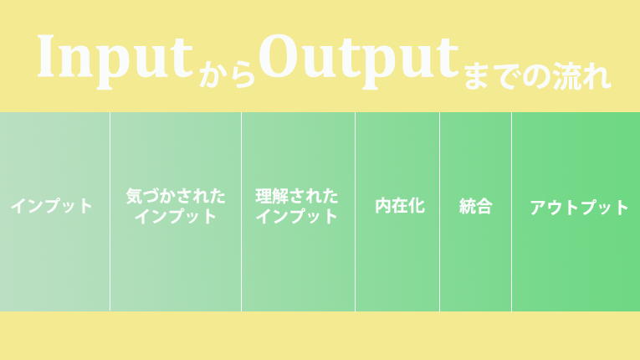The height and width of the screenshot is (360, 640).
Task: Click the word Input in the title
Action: coord(115,62)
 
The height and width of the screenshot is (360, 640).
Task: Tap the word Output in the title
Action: coord(359,61)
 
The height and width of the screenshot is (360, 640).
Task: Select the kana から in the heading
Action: coord(228,75)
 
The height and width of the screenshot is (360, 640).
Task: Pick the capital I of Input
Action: coord(46,56)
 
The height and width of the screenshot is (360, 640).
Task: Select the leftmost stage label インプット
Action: coord(51,206)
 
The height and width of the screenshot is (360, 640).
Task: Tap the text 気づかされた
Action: coord(176,196)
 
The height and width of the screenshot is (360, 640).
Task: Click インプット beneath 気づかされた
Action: coord(176,216)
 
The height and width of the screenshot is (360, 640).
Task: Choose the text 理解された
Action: coord(297,196)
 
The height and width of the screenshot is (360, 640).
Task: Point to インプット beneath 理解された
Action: coord(297,216)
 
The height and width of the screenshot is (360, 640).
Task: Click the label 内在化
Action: coord(400,206)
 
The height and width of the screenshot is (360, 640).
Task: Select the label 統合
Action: coord(475,206)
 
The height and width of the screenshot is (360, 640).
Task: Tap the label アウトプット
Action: coord(579,208)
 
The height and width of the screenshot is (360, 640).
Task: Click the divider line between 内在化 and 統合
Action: coord(439,212)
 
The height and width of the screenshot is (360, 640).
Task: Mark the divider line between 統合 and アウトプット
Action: coord(511,212)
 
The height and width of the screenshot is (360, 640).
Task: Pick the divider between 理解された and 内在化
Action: coord(355,212)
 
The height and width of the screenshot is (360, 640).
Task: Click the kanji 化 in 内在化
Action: coord(417,206)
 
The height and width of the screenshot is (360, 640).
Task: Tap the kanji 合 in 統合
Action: coord(484,206)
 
